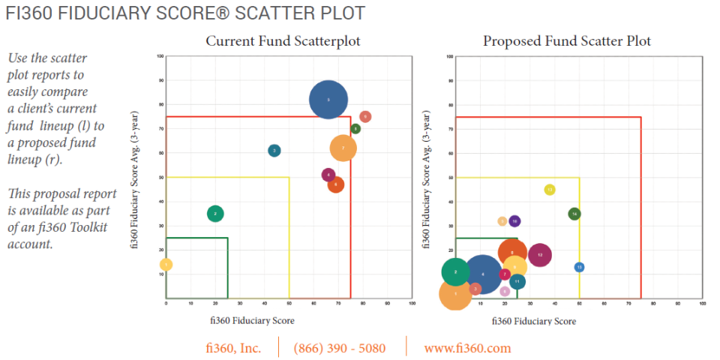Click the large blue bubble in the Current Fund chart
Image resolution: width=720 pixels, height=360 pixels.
coord(328,100)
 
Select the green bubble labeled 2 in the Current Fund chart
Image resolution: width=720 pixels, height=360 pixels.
coord(215,214)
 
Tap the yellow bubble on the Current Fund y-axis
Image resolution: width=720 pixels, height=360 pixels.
coord(166,265)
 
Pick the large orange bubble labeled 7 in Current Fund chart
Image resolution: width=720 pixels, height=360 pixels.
coord(343,148)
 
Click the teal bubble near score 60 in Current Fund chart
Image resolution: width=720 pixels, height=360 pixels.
coord(274,151)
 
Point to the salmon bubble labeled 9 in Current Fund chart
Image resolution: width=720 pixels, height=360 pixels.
coord(365,117)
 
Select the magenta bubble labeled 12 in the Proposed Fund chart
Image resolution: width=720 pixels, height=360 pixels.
coord(540,255)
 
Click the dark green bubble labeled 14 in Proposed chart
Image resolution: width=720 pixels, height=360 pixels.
coord(574,214)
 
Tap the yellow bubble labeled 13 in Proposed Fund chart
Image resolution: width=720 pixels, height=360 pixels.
coord(550,190)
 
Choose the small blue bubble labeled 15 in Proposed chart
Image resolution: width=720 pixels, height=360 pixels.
coord(579,267)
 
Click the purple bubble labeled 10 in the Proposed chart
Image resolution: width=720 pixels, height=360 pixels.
coord(514,221)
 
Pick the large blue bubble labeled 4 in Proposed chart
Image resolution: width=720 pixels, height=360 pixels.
coord(483,274)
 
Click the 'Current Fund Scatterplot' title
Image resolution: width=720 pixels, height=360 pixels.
coord(283,40)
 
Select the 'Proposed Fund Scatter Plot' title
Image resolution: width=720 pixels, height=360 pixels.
coord(567,40)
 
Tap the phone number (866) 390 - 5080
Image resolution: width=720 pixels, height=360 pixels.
coord(340,348)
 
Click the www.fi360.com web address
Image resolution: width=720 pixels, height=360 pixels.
coord(467,348)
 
